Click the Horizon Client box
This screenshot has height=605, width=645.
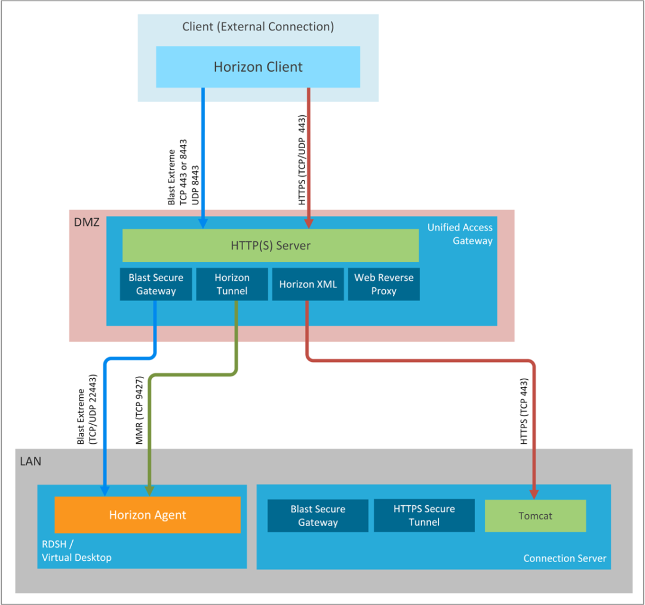click(258, 67)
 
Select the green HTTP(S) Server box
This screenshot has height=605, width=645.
click(271, 245)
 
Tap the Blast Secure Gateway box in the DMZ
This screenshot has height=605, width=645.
click(156, 284)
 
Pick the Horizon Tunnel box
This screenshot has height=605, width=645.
click(232, 284)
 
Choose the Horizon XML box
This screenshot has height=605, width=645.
click(308, 284)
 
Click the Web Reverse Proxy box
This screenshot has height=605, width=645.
click(383, 284)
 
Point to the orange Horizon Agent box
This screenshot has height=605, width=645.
click(148, 515)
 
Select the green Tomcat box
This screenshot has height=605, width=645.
click(535, 516)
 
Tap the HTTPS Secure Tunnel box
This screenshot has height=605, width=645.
click(424, 515)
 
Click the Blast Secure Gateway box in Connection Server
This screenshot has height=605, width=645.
click(318, 515)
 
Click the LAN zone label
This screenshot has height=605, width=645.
click(30, 461)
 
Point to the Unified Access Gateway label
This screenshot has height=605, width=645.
click(460, 234)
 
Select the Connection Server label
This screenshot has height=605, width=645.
click(565, 558)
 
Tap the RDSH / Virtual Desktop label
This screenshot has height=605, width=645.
click(76, 551)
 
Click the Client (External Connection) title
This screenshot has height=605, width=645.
click(258, 27)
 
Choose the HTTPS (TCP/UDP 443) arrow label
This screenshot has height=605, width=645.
click(303, 160)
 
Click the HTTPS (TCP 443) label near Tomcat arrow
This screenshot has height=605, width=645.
click(524, 411)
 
